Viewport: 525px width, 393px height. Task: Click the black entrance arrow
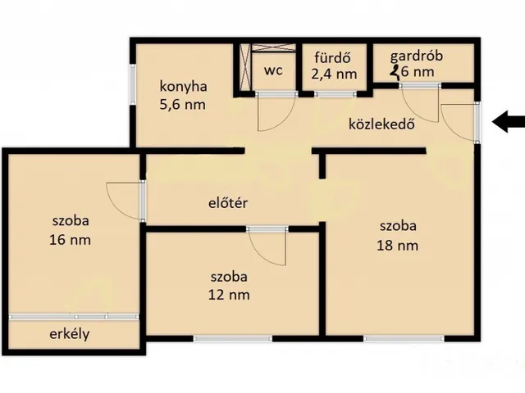point(509,122)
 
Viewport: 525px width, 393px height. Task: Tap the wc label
point(273,70)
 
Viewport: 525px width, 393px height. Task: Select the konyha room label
point(183,86)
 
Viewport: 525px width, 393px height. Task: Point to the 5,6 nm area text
point(182,105)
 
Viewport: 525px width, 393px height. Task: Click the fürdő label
point(332,57)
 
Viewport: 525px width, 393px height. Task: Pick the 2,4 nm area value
point(334,74)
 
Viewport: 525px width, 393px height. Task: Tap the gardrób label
point(417,56)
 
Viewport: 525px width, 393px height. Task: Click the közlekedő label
point(381,124)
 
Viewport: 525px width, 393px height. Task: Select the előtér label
point(228,203)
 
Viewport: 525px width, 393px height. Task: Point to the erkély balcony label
point(70,334)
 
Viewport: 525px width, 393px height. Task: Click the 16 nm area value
point(70,240)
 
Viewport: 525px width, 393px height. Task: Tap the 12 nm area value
point(229,295)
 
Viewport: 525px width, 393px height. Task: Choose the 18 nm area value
point(397,246)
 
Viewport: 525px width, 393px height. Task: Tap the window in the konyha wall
point(133,84)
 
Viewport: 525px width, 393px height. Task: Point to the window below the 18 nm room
point(404,338)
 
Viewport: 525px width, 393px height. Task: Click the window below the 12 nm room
point(233,338)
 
